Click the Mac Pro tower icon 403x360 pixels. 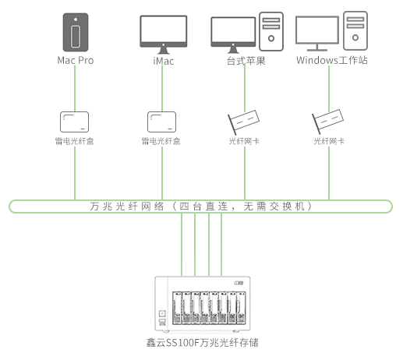pyautogui.click(x=76, y=32)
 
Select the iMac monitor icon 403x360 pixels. pyautogui.click(x=164, y=34)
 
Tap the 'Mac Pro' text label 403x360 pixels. pyautogui.click(x=76, y=61)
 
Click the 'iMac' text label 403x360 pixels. pyautogui.click(x=164, y=61)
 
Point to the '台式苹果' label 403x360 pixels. pyautogui.click(x=246, y=61)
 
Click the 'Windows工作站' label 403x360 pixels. pyautogui.click(x=332, y=60)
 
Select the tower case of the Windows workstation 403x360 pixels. pyautogui.click(x=355, y=30)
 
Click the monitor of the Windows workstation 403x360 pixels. pyautogui.click(x=317, y=34)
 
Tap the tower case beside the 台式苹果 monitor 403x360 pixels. pyautogui.click(x=271, y=31)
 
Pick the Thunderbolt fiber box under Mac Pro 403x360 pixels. pyautogui.click(x=74, y=122)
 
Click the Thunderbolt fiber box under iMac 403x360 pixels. pyautogui.click(x=161, y=122)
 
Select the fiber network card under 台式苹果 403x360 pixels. pyautogui.click(x=243, y=122)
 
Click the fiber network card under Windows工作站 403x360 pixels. pyautogui.click(x=327, y=122)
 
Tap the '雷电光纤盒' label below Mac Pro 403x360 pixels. pyautogui.click(x=74, y=141)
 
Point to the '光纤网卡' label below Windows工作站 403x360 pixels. pyautogui.click(x=329, y=141)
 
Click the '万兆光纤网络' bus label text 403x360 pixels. pyautogui.click(x=127, y=206)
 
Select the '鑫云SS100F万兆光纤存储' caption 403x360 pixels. pyautogui.click(x=202, y=343)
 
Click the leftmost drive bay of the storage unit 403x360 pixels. pyautogui.click(x=177, y=308)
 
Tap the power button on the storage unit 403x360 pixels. pyautogui.click(x=162, y=313)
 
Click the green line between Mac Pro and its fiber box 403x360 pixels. pyautogui.click(x=75, y=88)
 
